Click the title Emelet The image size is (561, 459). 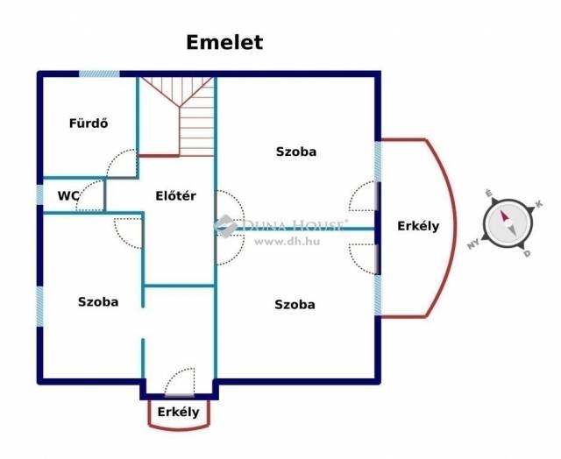point(224,42)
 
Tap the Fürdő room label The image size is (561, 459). point(89,124)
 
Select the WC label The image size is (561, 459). point(69,196)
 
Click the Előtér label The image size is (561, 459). point(175,196)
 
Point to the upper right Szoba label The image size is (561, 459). point(295,152)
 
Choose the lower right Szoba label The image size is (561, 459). point(295,305)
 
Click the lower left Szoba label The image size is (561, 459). point(98,301)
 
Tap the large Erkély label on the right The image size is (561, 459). point(418,226)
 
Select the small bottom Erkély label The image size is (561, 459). point(178,412)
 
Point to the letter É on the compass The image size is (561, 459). point(489,192)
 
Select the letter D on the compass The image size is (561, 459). point(526,254)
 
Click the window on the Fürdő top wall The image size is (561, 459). point(99,74)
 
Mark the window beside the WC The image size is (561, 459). point(39,194)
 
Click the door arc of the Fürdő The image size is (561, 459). point(122,165)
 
